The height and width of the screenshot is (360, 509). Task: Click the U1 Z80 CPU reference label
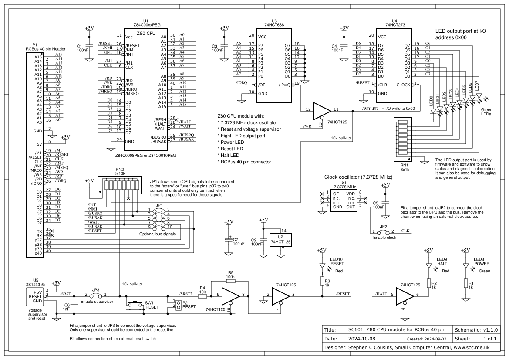click(x=145, y=20)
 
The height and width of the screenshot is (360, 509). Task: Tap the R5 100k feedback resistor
click(x=231, y=282)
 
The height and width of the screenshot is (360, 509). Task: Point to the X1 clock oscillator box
click(x=344, y=201)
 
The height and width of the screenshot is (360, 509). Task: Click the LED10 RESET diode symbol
click(x=322, y=265)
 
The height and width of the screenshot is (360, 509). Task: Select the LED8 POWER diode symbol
click(x=466, y=265)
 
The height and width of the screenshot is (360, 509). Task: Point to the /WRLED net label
click(x=371, y=109)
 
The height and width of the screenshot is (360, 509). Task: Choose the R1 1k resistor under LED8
click(x=466, y=285)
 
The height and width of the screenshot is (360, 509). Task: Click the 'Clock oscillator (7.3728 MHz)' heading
click(x=359, y=177)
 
